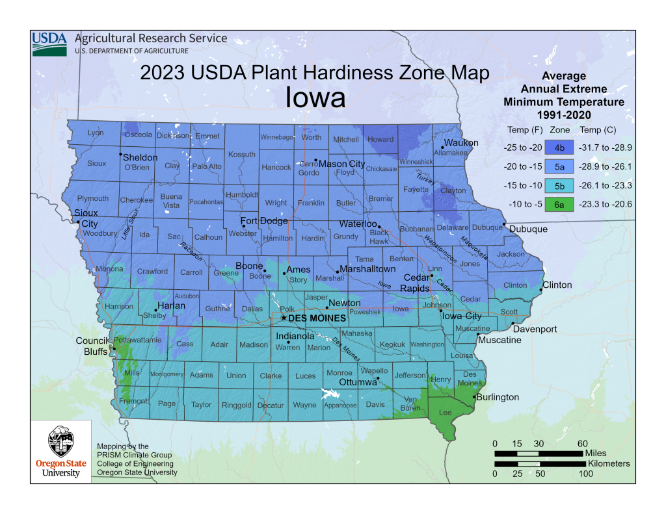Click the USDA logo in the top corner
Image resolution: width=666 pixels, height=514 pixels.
coord(49,42)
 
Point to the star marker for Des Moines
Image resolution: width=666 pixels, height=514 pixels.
coord(283,318)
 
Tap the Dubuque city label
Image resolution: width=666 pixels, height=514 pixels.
coord(528,229)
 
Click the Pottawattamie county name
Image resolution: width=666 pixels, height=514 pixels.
coord(137,340)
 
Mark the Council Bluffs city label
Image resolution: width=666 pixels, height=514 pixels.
coord(91,346)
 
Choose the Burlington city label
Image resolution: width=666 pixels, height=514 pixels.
coord(498,397)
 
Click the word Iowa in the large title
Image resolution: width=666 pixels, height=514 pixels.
coord(315,98)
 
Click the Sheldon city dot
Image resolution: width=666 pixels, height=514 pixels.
coord(120,155)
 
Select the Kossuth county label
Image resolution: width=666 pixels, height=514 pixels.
coord(242,155)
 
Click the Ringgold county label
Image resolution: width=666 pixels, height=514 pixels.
coord(236,405)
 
